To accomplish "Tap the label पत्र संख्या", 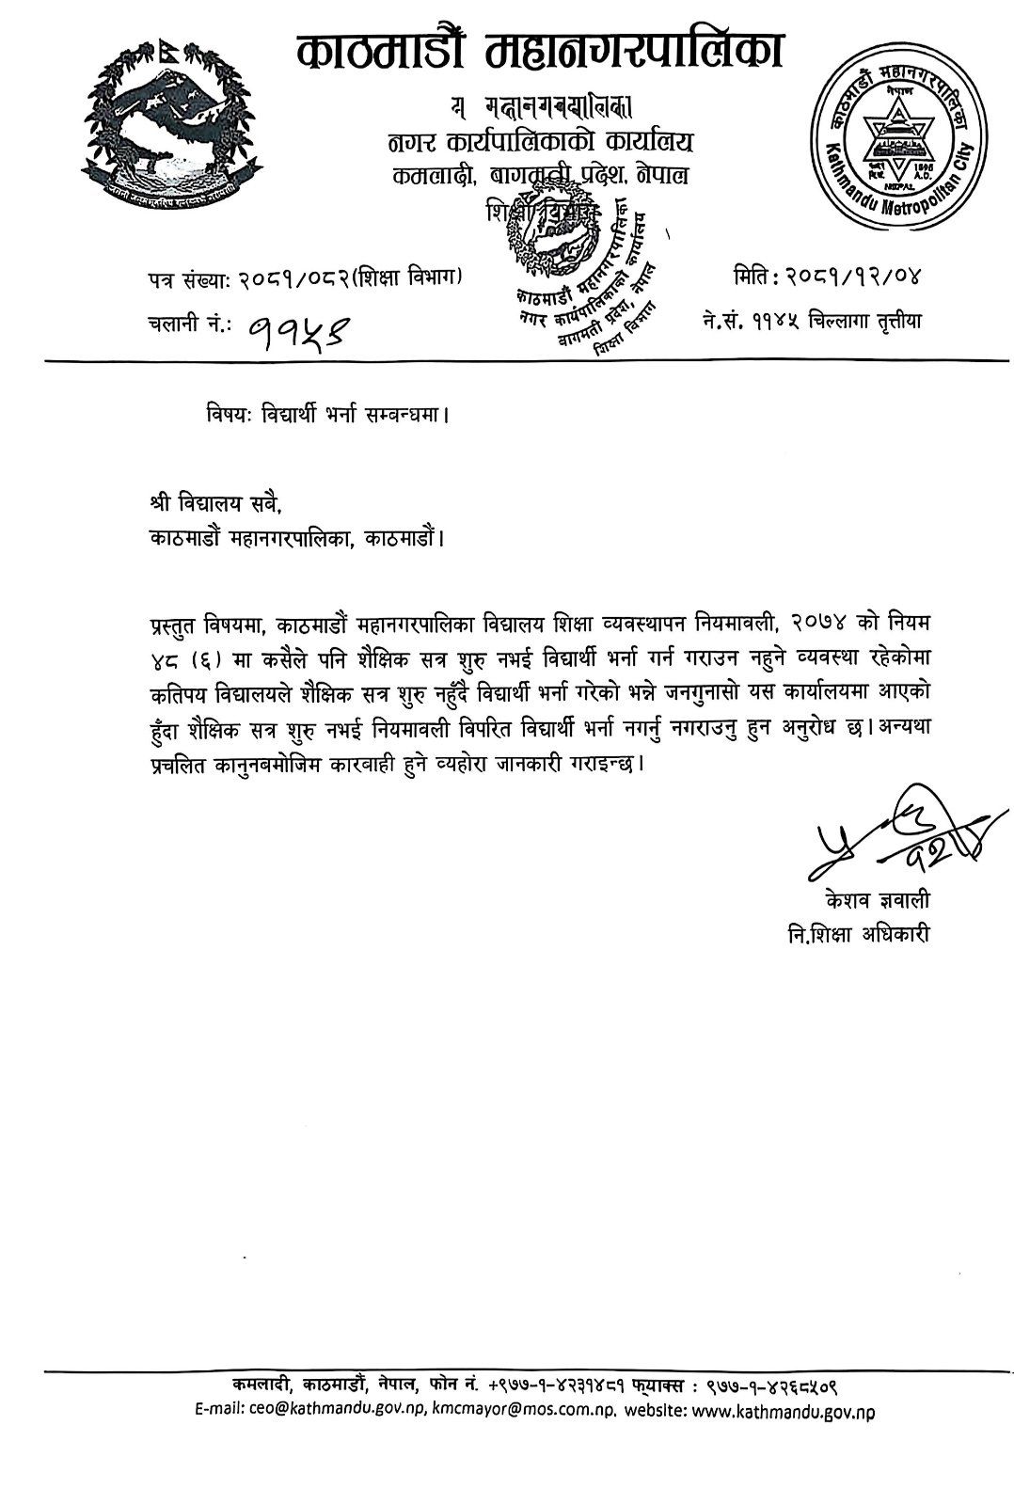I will click(x=192, y=278).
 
